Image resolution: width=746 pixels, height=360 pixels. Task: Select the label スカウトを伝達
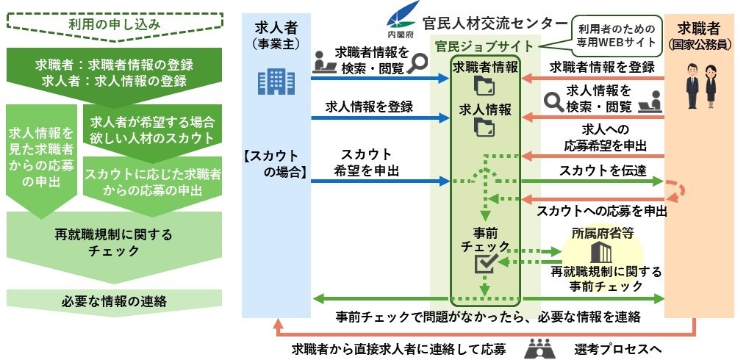click(x=592, y=171)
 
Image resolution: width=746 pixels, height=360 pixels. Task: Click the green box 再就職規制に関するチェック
click(x=114, y=242)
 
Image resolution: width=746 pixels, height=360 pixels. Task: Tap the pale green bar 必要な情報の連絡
click(x=114, y=299)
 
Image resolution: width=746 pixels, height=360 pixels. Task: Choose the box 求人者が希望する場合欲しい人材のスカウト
click(x=152, y=129)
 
